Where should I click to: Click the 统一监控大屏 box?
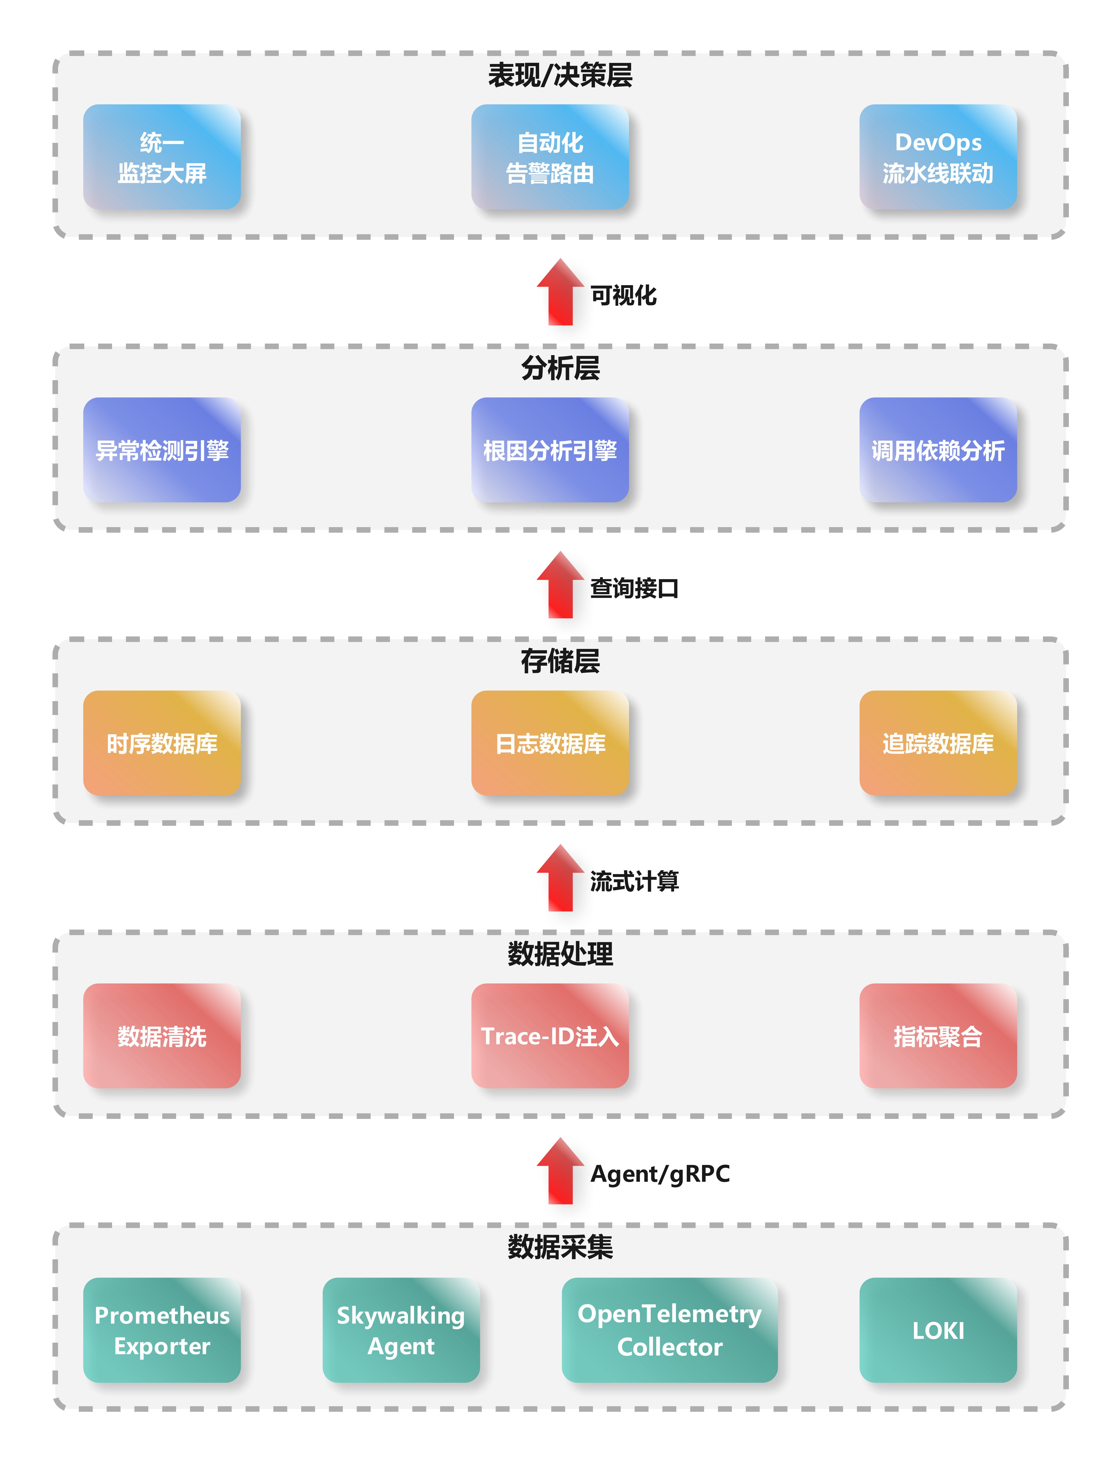pos(162,157)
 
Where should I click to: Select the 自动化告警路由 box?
pos(550,157)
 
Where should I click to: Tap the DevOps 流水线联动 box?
pos(938,157)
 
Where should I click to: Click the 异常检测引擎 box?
pos(162,450)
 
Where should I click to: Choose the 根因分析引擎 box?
pos(550,450)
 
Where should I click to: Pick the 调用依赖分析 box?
pos(938,450)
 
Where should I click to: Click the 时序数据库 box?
pos(162,743)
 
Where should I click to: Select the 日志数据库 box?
pos(550,743)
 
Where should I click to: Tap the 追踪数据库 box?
pos(938,743)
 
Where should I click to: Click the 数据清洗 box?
pos(162,1036)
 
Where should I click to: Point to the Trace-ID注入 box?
pos(550,1036)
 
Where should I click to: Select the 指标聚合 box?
pos(938,1036)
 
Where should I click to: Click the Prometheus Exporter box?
pos(162,1330)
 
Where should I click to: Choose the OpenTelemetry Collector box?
pos(669,1330)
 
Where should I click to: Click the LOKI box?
pos(938,1330)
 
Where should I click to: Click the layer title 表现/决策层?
pos(560,75)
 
